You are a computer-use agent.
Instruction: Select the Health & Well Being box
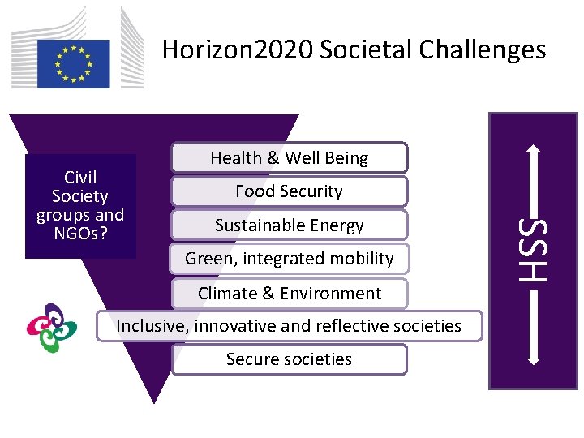(x=289, y=158)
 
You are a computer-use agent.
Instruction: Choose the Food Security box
(x=289, y=191)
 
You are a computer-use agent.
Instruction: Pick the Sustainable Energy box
(x=289, y=225)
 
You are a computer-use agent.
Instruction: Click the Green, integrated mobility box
(x=289, y=259)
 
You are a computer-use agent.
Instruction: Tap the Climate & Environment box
(x=289, y=293)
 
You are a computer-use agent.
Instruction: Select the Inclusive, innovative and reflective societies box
(x=289, y=326)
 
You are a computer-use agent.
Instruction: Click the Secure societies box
(x=289, y=359)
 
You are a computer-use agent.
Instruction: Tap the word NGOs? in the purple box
(x=80, y=234)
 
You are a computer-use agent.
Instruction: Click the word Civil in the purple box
(x=80, y=178)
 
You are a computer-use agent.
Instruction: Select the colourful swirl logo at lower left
(x=51, y=328)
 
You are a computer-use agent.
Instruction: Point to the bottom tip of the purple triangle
(x=153, y=401)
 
